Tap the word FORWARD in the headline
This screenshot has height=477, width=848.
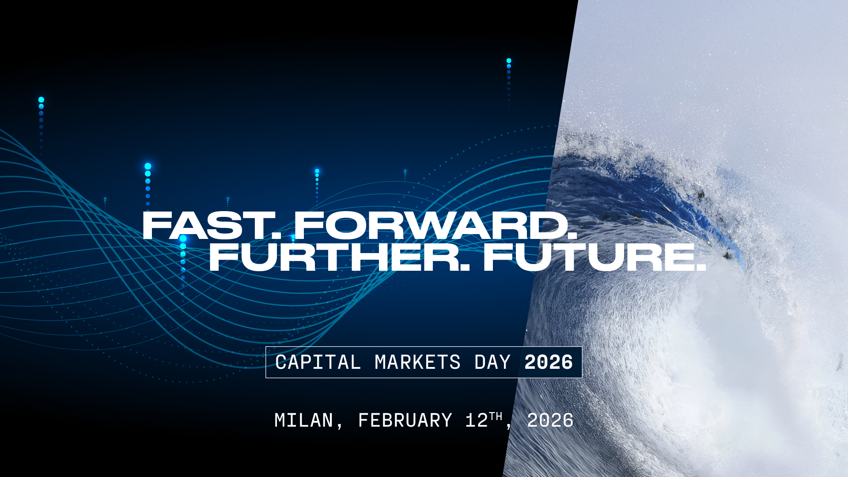pyautogui.click(x=431, y=226)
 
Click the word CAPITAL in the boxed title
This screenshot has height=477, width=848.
pyautogui.click(x=318, y=363)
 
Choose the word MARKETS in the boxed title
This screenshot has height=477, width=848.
pyautogui.click(x=417, y=363)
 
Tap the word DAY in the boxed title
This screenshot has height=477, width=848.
pyautogui.click(x=492, y=363)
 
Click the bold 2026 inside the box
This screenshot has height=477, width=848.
pyautogui.click(x=549, y=363)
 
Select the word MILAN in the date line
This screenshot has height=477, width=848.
pyautogui.click(x=304, y=420)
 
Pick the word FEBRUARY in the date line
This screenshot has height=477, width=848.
pyautogui.click(x=405, y=420)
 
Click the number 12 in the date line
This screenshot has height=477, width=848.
pyautogui.click(x=477, y=420)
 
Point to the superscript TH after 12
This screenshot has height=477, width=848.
pyautogui.click(x=496, y=416)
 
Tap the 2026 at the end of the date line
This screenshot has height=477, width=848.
pyautogui.click(x=550, y=420)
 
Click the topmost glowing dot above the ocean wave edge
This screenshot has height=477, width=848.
pyautogui.click(x=509, y=61)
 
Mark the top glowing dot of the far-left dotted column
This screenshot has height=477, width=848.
pyautogui.click(x=41, y=100)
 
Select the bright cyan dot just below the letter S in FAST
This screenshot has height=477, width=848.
pyautogui.click(x=183, y=238)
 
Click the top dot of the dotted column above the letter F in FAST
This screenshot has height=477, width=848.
pyautogui.click(x=148, y=166)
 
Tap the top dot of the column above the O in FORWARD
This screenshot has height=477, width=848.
pyautogui.click(x=317, y=171)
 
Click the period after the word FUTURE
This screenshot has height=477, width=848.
pyautogui.click(x=700, y=267)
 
